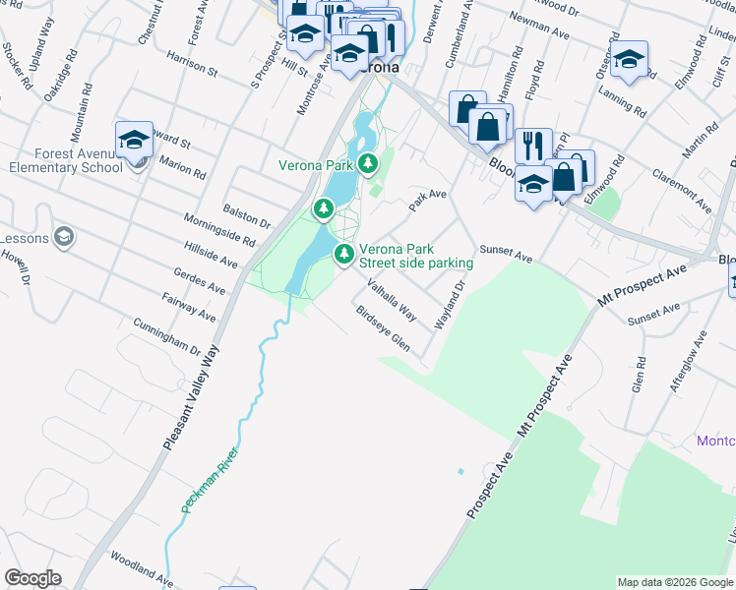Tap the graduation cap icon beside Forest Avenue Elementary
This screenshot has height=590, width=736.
(134, 141)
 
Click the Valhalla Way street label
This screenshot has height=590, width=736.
(392, 299)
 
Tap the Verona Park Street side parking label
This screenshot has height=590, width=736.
(415, 257)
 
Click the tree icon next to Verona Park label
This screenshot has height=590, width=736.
(368, 163)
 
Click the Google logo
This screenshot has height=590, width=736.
(32, 578)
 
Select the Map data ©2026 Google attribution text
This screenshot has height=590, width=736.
(675, 582)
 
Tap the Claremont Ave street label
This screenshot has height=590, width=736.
(681, 190)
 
